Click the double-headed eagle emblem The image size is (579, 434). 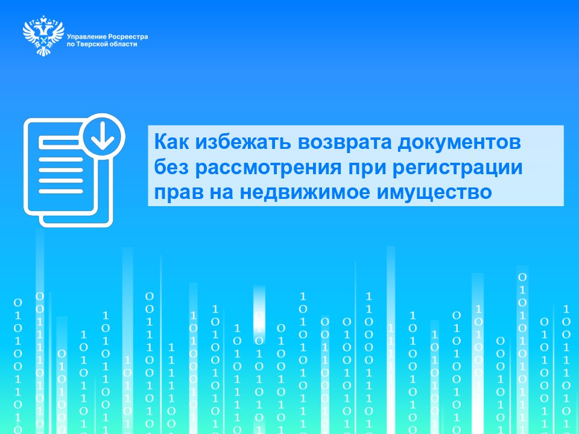(43, 36)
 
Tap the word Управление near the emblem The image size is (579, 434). (86, 37)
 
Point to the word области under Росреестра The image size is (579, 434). (124, 44)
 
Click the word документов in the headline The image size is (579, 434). (459, 142)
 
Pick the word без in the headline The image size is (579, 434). (171, 167)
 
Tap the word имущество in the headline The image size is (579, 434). (434, 193)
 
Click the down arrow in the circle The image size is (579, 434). (103, 135)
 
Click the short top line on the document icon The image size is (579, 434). (60, 142)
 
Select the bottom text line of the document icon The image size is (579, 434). (61, 191)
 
